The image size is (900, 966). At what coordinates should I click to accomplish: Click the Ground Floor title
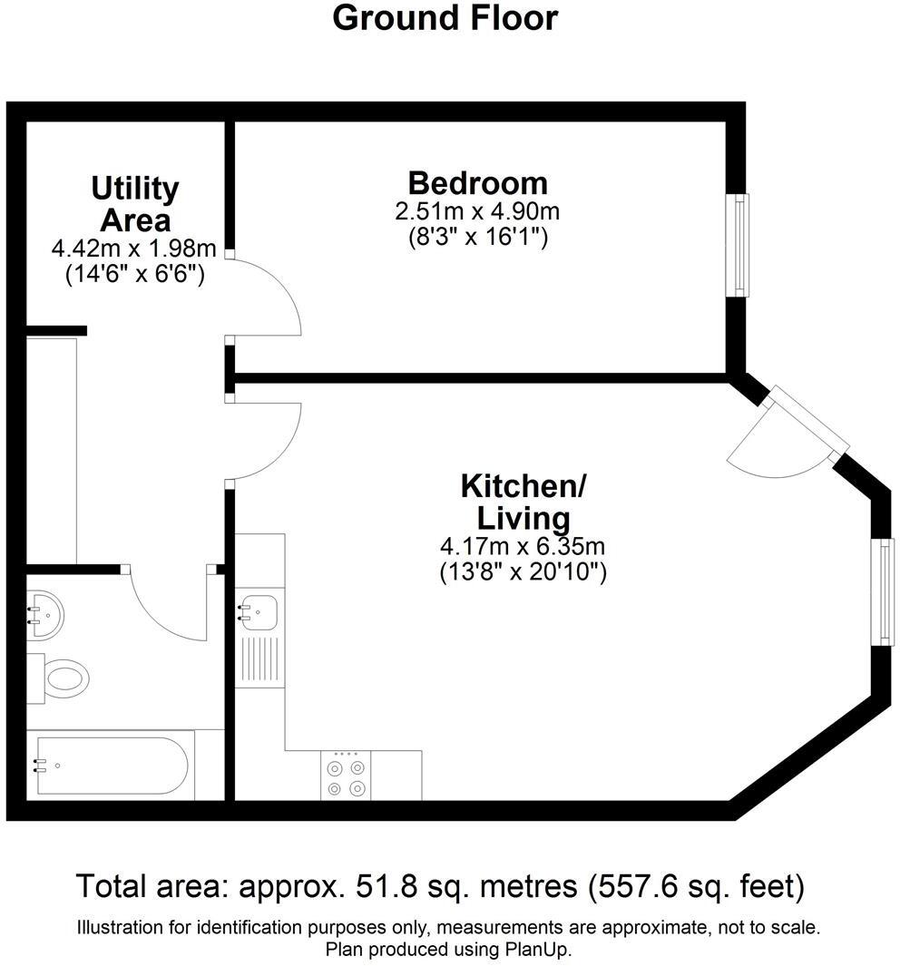point(445,18)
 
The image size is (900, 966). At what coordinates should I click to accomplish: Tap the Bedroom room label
point(477,183)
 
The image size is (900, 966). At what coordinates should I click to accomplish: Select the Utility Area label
point(135,204)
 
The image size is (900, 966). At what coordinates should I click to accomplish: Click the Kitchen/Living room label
point(523,502)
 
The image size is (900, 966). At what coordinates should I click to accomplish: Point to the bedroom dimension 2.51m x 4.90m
point(477,212)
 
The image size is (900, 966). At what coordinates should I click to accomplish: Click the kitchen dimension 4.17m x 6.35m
point(523,547)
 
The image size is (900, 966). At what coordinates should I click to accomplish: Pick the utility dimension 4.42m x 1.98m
point(135,248)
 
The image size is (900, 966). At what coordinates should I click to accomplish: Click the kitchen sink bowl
point(259,609)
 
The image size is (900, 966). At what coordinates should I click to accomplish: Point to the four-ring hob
point(347,777)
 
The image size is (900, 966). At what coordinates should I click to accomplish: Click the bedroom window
point(742,244)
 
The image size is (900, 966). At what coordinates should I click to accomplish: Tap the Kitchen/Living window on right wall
point(883,590)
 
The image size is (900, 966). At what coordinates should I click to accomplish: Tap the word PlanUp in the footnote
point(542,950)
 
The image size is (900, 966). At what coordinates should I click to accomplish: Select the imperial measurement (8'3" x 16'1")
point(477,238)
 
